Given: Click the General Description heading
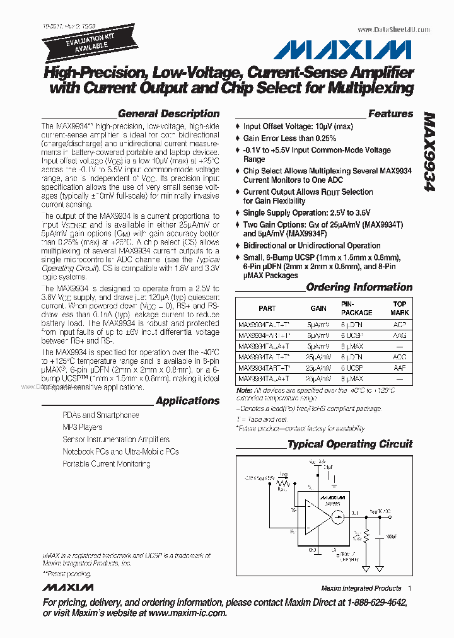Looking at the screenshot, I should coord(168,114).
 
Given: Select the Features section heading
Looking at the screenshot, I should coord(390,114).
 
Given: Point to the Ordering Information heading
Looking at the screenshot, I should coord(359,287).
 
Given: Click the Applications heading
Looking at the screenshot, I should coord(187,401).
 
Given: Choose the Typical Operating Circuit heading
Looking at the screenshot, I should coord(350,444).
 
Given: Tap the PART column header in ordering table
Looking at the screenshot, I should coord(267,308).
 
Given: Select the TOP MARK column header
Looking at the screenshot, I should coord(399,308).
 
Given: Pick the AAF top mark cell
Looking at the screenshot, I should coord(399,368).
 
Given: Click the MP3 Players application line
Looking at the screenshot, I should coord(82,427).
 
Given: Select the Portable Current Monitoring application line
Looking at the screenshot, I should coord(106,464).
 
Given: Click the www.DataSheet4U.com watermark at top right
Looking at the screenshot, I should coord(393,30).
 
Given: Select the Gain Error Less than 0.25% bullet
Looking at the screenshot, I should coord(289,138).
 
